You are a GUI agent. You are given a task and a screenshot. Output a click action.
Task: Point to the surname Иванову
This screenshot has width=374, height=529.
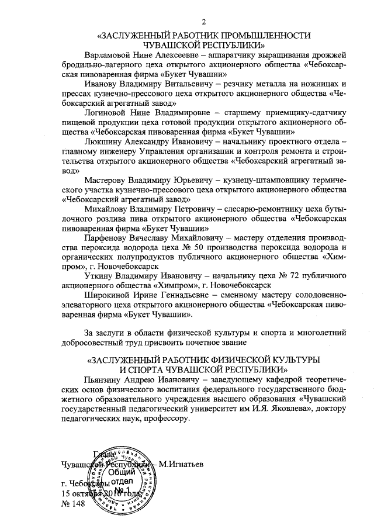click(102, 84)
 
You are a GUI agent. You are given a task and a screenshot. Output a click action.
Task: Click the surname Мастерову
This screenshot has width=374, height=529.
click(109, 179)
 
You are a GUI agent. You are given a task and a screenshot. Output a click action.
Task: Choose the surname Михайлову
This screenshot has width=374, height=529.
click(109, 209)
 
